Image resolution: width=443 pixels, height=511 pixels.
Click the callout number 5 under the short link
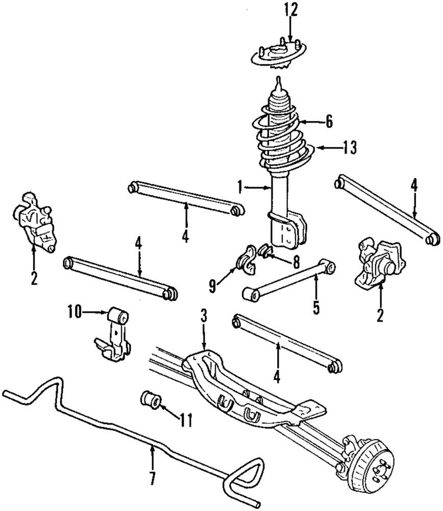pos(316,308)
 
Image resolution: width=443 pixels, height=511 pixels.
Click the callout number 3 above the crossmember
pos(203,317)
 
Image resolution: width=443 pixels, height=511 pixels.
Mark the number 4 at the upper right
pos(414,184)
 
